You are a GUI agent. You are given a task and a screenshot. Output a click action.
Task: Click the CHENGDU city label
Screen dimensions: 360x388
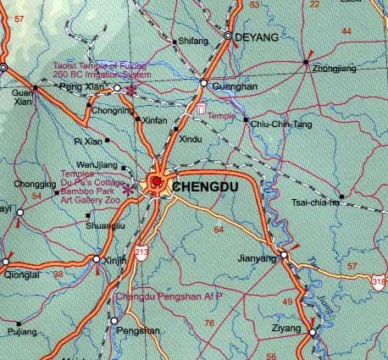coord(204,186)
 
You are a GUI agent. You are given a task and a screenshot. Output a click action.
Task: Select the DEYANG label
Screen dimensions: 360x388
coord(258,38)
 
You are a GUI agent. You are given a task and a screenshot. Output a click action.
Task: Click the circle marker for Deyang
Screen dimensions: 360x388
coord(229,36)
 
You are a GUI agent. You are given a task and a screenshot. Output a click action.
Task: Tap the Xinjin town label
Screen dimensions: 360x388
coord(115,262)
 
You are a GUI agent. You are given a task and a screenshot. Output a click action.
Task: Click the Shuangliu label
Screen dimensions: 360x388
coord(107,226)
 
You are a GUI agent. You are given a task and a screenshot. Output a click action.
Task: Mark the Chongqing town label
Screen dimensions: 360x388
coord(35,184)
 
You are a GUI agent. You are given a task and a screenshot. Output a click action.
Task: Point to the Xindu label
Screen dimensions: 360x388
coord(192,138)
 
